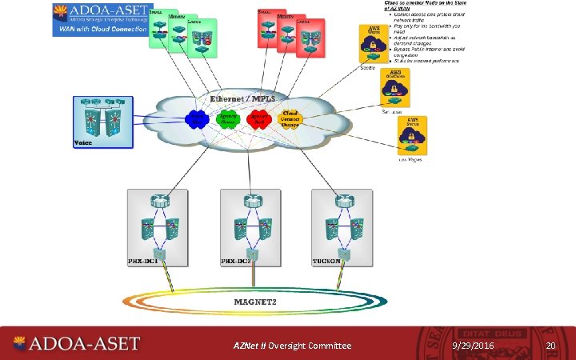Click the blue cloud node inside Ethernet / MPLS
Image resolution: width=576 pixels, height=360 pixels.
(197, 119)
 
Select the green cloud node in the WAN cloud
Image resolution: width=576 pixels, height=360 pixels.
(228, 119)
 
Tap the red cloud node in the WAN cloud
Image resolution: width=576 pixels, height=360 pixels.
(258, 119)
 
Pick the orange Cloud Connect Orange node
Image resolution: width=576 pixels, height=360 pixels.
(290, 118)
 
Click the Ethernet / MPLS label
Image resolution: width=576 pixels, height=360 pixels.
(242, 99)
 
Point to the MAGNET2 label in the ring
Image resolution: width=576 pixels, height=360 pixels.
(254, 302)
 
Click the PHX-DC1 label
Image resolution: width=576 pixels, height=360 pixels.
(146, 261)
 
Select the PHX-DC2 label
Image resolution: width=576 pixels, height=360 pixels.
(237, 261)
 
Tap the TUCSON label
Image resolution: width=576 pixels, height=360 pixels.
(328, 261)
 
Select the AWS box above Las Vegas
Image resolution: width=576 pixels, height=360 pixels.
(412, 135)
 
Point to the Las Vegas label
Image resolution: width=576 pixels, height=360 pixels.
(410, 160)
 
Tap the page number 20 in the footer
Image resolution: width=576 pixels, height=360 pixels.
(550, 345)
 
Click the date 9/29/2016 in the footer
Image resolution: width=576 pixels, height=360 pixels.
(473, 345)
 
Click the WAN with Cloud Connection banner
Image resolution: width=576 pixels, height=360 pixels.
(101, 29)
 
